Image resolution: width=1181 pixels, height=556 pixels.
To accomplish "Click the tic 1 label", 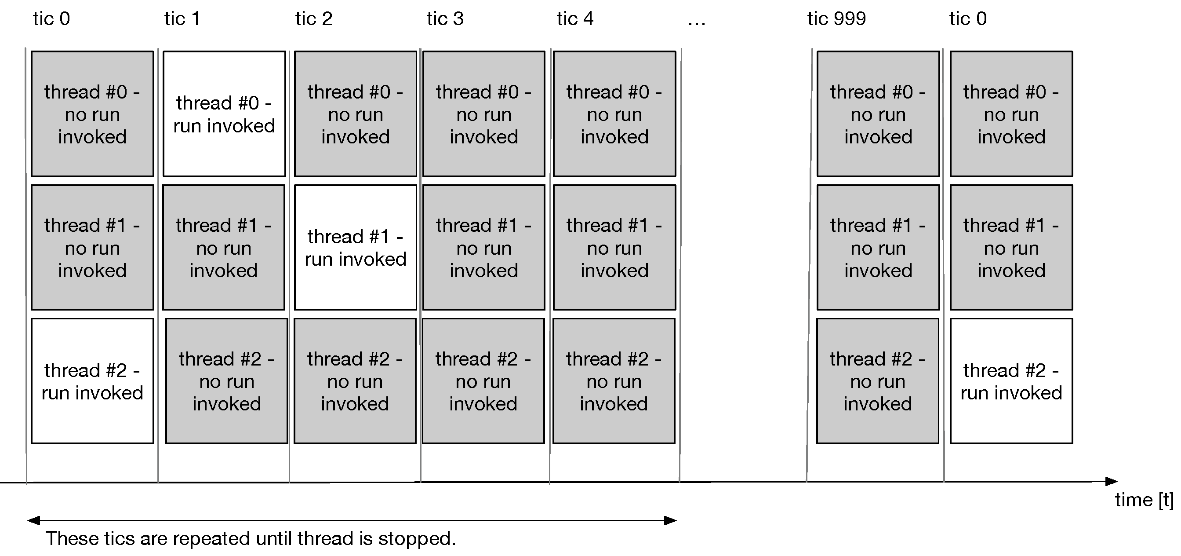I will pos(182,19).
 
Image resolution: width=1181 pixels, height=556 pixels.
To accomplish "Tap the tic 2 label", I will pos(313,19).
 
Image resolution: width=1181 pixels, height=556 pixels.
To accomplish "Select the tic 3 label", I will pos(445,19).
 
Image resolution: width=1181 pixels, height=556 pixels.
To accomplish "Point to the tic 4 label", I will pos(575,19).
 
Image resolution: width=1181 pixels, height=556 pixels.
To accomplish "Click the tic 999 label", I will pos(836,19).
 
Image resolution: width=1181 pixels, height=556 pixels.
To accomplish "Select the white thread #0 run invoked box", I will pos(224,114).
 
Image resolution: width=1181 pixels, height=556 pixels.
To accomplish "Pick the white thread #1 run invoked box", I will pos(355,248).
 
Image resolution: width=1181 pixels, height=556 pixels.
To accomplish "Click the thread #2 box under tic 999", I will pos(877,381).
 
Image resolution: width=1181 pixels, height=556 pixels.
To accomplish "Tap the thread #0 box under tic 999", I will pos(878,114).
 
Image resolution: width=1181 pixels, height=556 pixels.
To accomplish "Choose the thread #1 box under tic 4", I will pos(614,248).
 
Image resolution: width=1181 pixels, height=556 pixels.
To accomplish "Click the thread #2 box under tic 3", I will pos(483,381).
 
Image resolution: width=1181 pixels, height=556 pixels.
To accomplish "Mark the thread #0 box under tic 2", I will pos(355,114).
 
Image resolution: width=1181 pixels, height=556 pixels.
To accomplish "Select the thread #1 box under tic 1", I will pos(224,248).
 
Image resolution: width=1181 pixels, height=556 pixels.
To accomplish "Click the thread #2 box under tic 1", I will pos(226,381).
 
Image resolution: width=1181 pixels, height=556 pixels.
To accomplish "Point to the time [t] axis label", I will pos(1143,500).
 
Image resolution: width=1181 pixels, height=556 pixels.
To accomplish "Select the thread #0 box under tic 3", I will pos(483,114).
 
